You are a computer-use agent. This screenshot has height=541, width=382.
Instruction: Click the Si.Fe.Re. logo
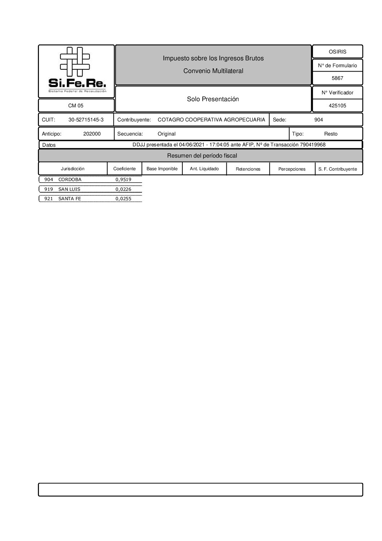[x=76, y=71]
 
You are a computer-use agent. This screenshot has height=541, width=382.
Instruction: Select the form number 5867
[x=337, y=78]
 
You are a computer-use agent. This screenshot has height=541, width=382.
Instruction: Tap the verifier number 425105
[x=337, y=106]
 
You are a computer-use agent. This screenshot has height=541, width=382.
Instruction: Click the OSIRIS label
[x=337, y=52]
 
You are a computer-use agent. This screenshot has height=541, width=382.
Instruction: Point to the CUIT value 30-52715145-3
[x=86, y=120]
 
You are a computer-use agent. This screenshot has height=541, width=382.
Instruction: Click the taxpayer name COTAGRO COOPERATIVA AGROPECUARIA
[x=211, y=120]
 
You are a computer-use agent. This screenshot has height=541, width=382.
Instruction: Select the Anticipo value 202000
[x=92, y=134]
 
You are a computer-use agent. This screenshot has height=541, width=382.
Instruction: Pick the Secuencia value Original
[x=166, y=134]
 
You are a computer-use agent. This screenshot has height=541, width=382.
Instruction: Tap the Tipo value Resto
[x=331, y=134]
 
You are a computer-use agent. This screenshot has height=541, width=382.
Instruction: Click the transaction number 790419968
[x=313, y=145]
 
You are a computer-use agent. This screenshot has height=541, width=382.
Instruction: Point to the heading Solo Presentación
[x=213, y=99]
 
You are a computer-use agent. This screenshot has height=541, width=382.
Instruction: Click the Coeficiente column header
[x=125, y=169]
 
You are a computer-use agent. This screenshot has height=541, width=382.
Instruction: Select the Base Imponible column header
[x=162, y=169]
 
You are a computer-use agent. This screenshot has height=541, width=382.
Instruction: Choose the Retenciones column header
[x=248, y=169]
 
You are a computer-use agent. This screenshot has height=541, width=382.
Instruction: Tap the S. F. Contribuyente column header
[x=338, y=169]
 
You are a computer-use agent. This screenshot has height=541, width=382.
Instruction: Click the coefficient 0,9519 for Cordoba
[x=123, y=180]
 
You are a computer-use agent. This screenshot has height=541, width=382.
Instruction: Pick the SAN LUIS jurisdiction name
[x=69, y=189]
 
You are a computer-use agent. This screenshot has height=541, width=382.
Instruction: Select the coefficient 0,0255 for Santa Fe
[x=123, y=199]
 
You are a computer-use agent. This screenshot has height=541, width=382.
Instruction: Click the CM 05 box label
[x=76, y=106]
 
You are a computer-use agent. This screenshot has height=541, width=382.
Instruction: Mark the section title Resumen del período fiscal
[x=202, y=156]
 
